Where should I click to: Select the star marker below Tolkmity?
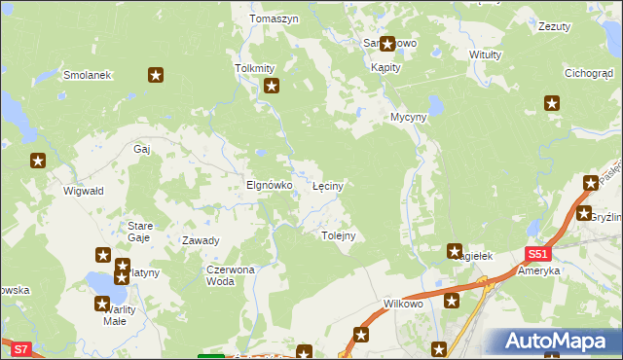click(272, 87)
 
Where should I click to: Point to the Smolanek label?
click(88, 75)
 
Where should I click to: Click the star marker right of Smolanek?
click(155, 74)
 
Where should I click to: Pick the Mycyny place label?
click(409, 117)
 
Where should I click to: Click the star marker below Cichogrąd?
click(552, 102)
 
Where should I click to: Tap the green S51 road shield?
click(537, 254)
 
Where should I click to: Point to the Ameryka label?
click(541, 270)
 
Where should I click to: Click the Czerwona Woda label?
click(230, 275)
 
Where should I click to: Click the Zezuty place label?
click(554, 27)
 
